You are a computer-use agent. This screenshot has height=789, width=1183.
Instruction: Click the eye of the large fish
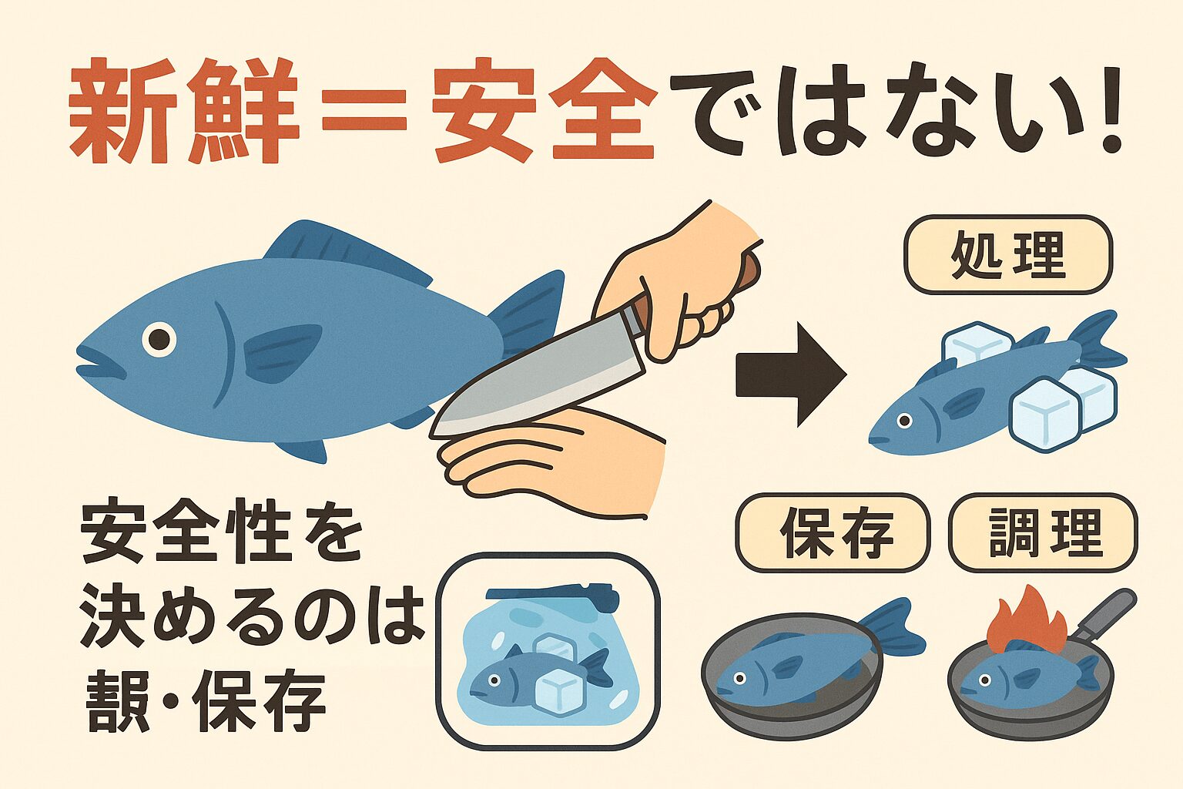coord(159,339)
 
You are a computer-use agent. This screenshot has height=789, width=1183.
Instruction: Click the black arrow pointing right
coord(790,374)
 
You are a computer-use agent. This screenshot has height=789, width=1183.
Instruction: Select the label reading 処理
coord(1008,255)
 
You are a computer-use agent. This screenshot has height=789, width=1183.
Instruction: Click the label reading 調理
coord(1044,532)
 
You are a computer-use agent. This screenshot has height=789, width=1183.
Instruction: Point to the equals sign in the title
coord(364,110)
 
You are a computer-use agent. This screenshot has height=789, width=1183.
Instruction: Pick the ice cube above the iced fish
coord(977,342)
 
